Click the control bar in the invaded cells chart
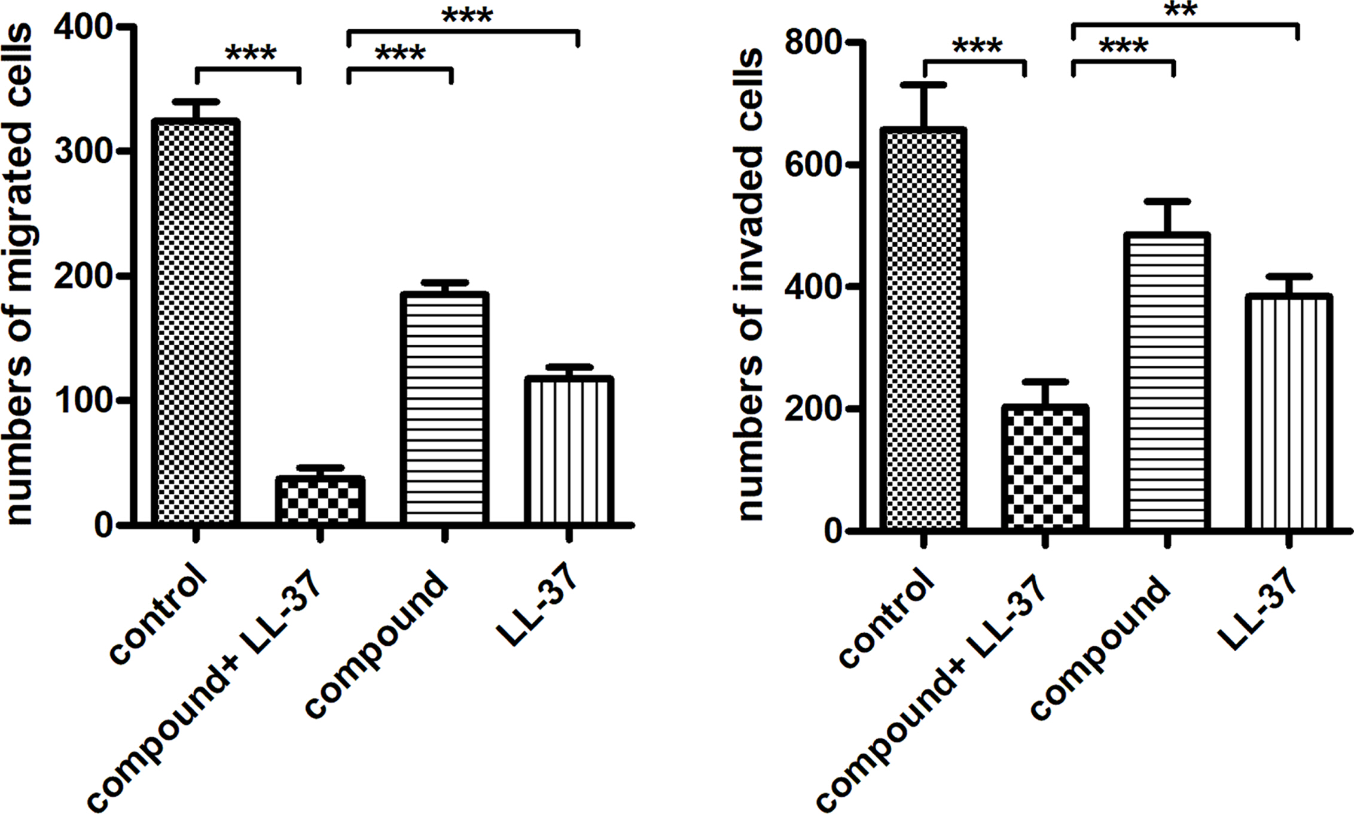(x=923, y=329)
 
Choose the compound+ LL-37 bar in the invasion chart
(x=1045, y=468)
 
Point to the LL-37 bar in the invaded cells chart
(x=1289, y=413)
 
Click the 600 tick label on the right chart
(x=812, y=165)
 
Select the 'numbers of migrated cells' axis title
(x=19, y=275)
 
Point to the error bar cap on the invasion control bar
(x=923, y=85)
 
